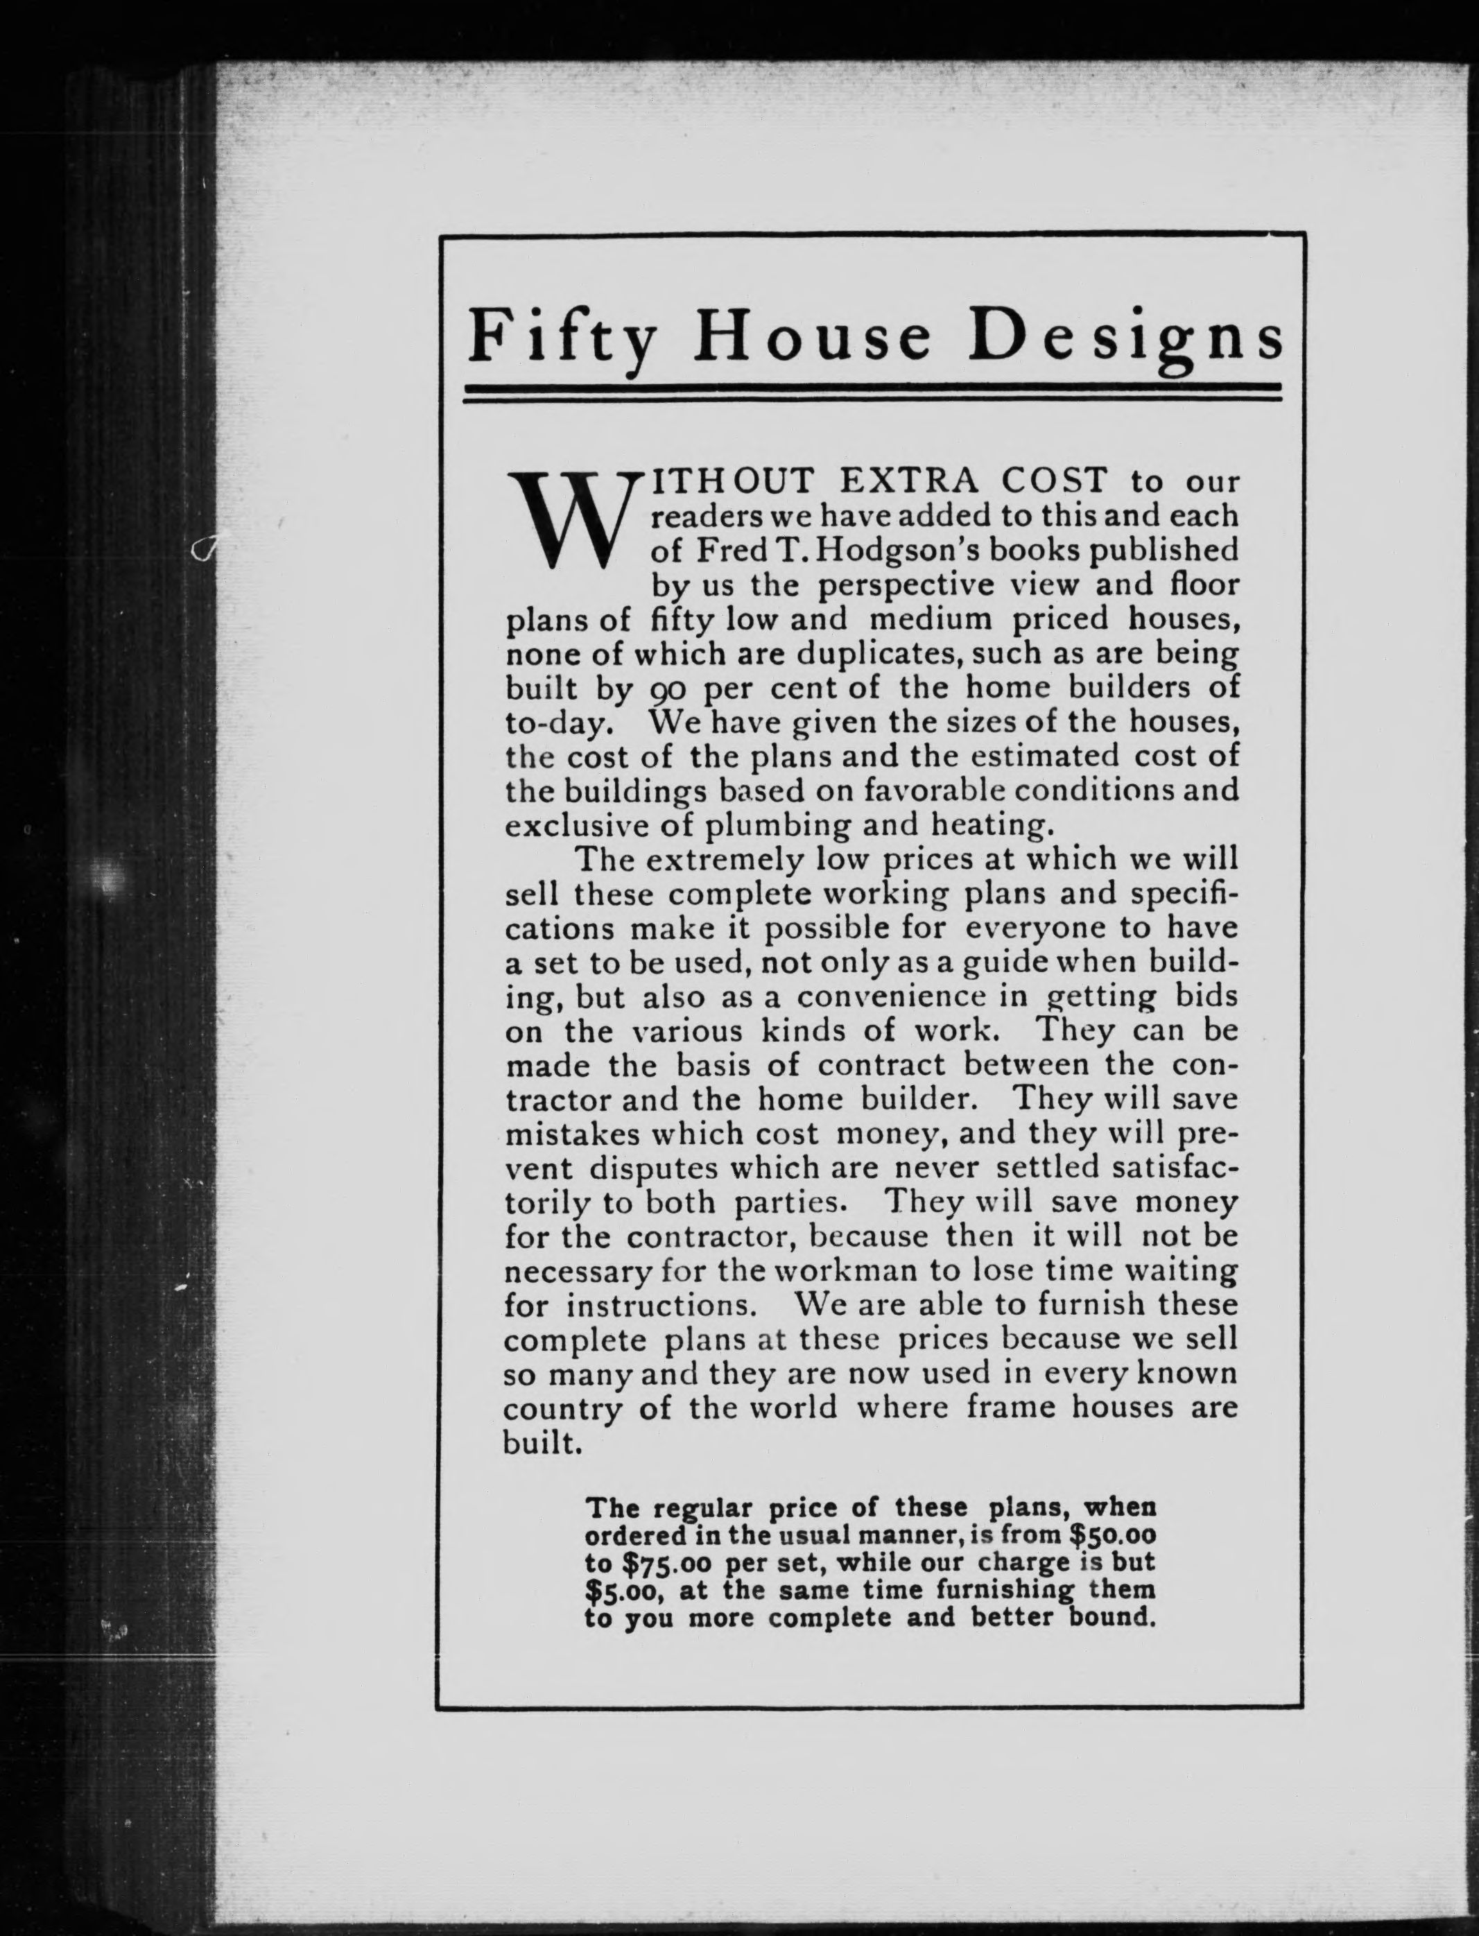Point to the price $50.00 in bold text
(x=1111, y=1535)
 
